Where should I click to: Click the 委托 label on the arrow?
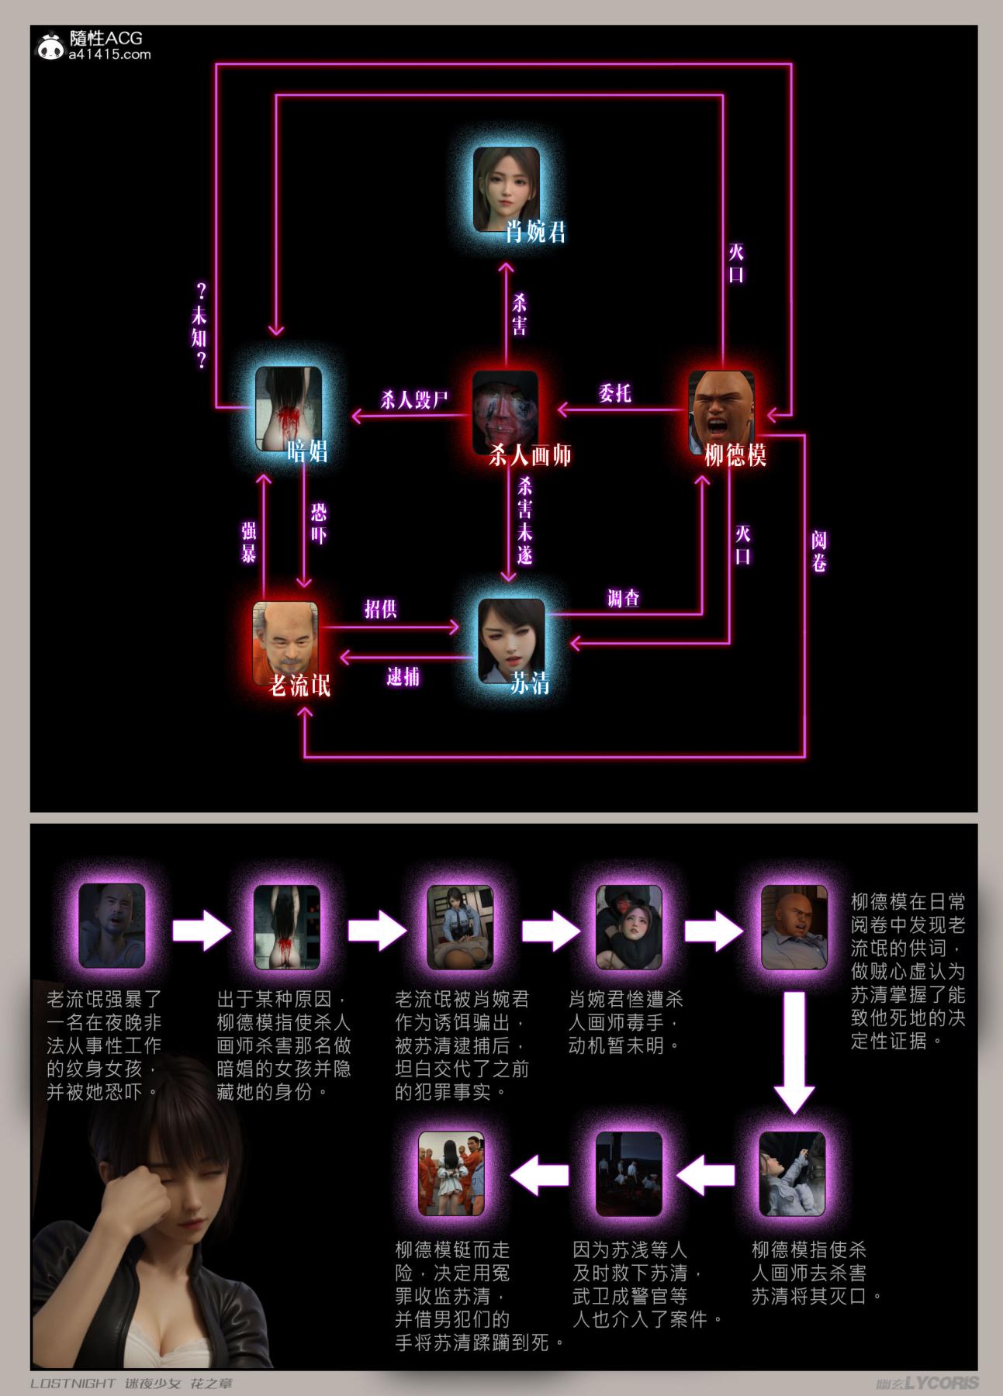pos(614,393)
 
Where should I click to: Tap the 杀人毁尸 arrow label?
pos(415,400)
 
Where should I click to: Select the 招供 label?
pos(381,609)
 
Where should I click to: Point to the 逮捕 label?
pos(403,676)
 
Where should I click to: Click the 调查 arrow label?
pos(624,598)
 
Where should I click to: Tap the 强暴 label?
pos(249,541)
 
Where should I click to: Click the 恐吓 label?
pos(319,523)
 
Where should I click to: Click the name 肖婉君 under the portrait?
pos(536,231)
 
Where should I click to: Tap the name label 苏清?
pos(531,683)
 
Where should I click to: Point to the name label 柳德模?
pos(735,454)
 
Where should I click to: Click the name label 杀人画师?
pos(531,454)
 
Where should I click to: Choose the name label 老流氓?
pos(299,685)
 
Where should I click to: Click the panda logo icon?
pos(52,46)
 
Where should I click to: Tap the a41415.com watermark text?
pos(109,54)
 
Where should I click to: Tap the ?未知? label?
pos(201,326)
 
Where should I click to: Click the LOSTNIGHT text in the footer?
pos(73,1384)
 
